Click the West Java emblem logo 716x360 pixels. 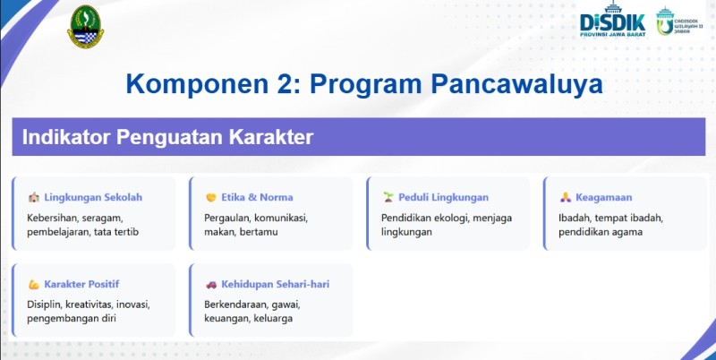[x=84, y=27]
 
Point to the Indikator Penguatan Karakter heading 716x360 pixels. [x=167, y=138]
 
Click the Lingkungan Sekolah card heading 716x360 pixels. [x=93, y=197]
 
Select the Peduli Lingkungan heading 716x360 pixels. [x=443, y=197]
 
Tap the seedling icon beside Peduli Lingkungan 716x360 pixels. [x=388, y=197]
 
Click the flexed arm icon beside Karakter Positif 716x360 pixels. [x=33, y=284]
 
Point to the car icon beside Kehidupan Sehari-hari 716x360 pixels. [x=211, y=284]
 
